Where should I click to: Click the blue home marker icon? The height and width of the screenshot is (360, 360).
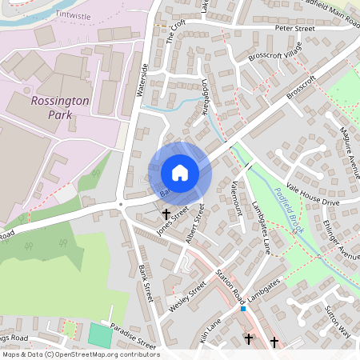(179, 173)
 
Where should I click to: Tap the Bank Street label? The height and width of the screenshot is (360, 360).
(145, 281)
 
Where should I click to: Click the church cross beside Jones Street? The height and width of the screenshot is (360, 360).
(166, 214)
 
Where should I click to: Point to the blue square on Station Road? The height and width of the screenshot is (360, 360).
(243, 308)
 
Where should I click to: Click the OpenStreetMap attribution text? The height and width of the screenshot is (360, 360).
(80, 354)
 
